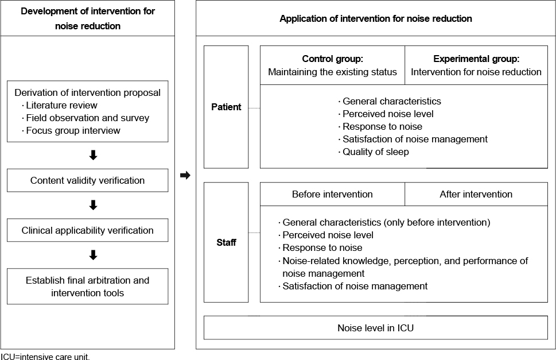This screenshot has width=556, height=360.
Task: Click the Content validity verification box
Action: [x=88, y=180]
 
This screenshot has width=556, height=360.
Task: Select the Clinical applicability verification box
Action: [x=88, y=230]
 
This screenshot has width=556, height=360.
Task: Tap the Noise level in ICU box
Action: [x=375, y=328]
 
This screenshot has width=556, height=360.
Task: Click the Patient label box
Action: [x=226, y=107]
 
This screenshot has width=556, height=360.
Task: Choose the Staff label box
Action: [x=226, y=242]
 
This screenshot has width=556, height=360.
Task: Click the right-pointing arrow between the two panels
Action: [x=185, y=175]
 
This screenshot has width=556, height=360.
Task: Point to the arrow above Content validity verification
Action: [x=94, y=155]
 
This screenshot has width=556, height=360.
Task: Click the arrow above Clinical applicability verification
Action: [x=94, y=205]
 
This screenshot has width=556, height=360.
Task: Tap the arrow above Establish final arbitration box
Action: [x=94, y=255]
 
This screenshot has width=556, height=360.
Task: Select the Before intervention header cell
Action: [x=332, y=194]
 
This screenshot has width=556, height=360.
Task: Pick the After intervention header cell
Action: [x=476, y=194]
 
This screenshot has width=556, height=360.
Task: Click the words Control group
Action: [x=332, y=59]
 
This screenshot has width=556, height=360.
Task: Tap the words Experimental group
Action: [x=476, y=59]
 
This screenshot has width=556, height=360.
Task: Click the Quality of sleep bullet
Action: [x=374, y=152]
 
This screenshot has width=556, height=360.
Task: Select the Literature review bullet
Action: [x=59, y=105]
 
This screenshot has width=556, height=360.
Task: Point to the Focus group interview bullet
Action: [x=71, y=130]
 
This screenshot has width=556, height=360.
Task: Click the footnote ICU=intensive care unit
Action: [x=45, y=357]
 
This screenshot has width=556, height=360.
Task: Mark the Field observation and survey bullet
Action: [x=85, y=118]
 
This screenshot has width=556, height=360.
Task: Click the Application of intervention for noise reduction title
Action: [x=375, y=18]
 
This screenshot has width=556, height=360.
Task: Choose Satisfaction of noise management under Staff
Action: [x=353, y=287]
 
